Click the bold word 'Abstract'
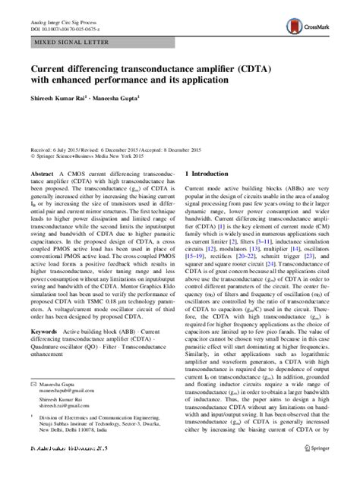(38, 173)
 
